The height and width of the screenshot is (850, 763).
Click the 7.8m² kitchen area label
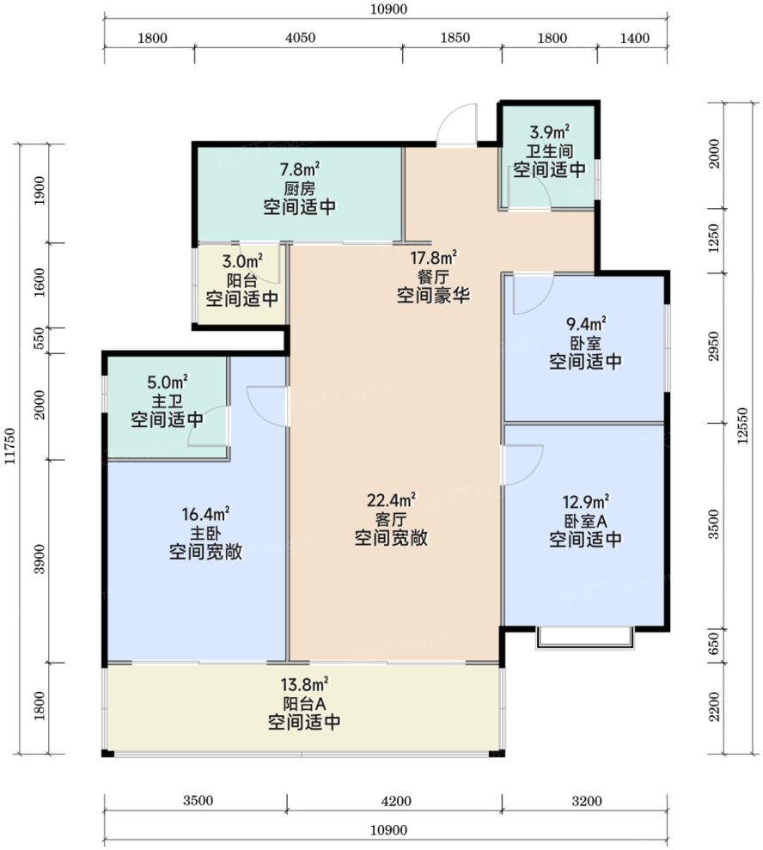coord(300,169)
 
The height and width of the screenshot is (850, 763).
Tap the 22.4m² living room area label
coord(391,499)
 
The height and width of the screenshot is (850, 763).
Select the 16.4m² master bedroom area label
coord(205,513)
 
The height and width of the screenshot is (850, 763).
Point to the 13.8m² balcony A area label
coord(304,684)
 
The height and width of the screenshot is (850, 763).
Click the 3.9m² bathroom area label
coord(550,131)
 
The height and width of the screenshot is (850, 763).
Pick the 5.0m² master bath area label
coord(168,382)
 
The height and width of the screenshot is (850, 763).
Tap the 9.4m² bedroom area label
coord(586,324)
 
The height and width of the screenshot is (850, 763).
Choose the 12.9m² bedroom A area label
coord(586,501)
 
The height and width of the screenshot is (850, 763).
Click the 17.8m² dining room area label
coord(433,257)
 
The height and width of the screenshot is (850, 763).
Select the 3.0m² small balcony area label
coord(243,261)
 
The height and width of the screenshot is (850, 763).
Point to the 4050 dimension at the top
coord(300,38)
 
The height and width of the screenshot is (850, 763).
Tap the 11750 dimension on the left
coord(9,446)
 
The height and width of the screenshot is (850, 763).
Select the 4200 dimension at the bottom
coord(396,801)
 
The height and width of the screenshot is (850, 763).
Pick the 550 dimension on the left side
coord(40,339)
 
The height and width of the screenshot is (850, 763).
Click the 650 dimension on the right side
coord(714,644)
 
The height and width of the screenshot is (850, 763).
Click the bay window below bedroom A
coord(585,638)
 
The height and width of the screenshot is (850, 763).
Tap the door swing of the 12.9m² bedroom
coord(523,465)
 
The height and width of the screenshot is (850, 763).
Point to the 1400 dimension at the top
coord(634,38)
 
